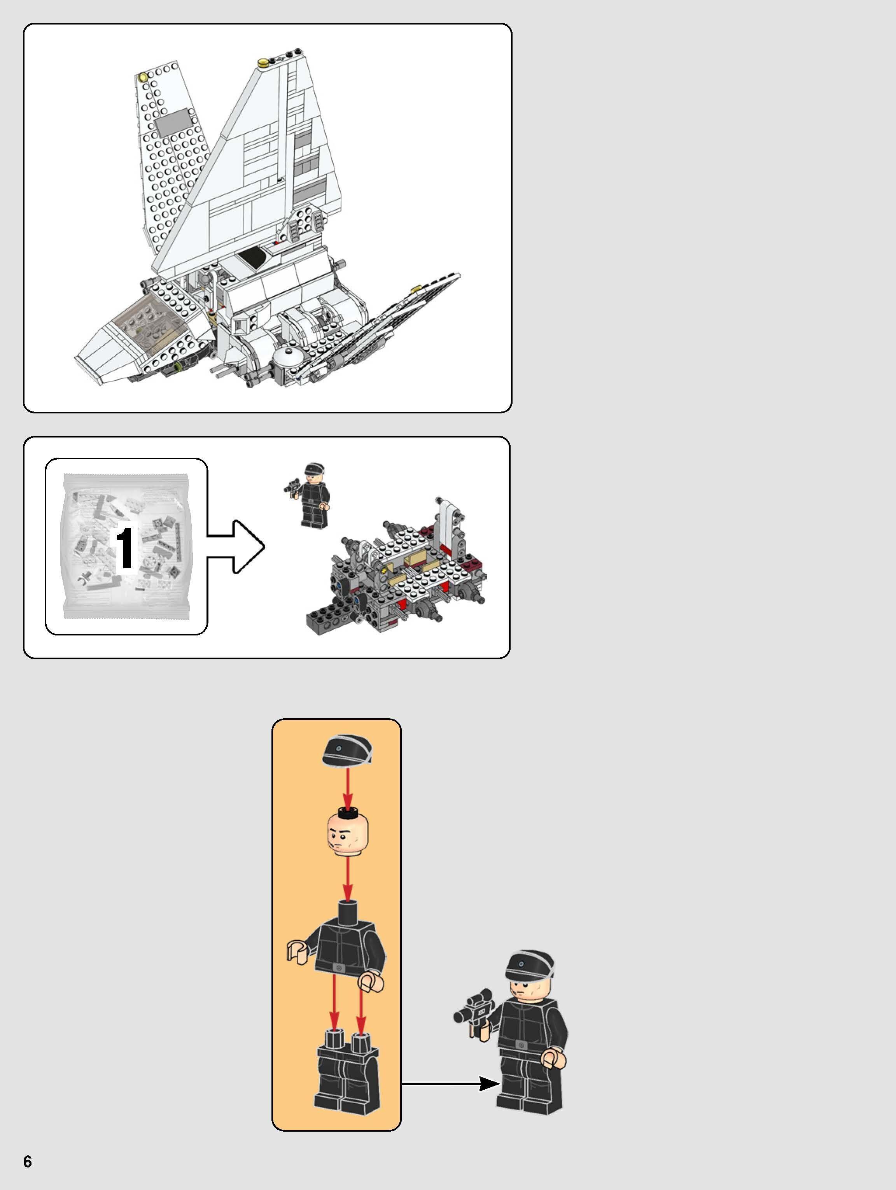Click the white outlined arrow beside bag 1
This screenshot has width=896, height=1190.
click(236, 546)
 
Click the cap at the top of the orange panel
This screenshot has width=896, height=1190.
click(347, 750)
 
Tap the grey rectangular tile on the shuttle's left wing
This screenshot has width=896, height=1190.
click(173, 122)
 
